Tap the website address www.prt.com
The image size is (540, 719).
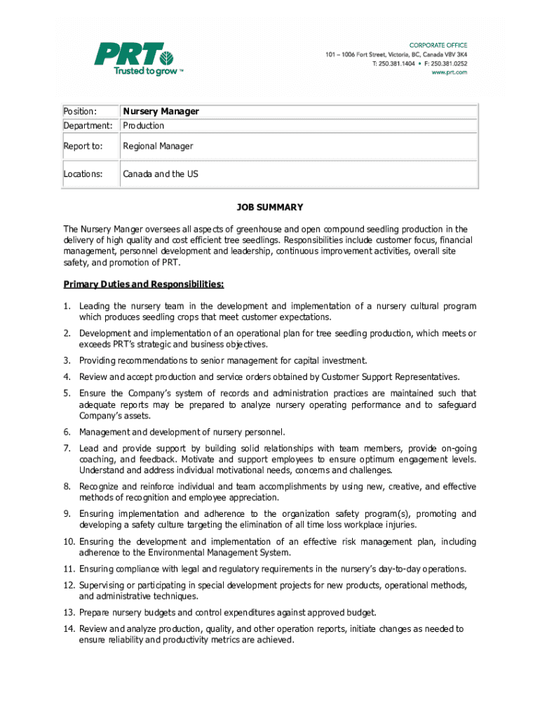(449, 72)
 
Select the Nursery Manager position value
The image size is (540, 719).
(161, 112)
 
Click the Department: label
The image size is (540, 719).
(88, 126)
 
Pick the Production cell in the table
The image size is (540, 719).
(144, 126)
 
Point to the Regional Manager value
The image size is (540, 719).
(158, 146)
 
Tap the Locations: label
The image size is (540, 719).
(83, 173)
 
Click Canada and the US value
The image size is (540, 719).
(161, 173)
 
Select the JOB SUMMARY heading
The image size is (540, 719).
(269, 207)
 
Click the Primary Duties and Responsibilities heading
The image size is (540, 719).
(144, 284)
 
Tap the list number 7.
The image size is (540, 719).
(67, 448)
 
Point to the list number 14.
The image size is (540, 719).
(69, 629)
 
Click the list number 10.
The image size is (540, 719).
(69, 542)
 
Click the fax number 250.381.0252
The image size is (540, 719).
(449, 63)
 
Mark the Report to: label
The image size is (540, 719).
(83, 146)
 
